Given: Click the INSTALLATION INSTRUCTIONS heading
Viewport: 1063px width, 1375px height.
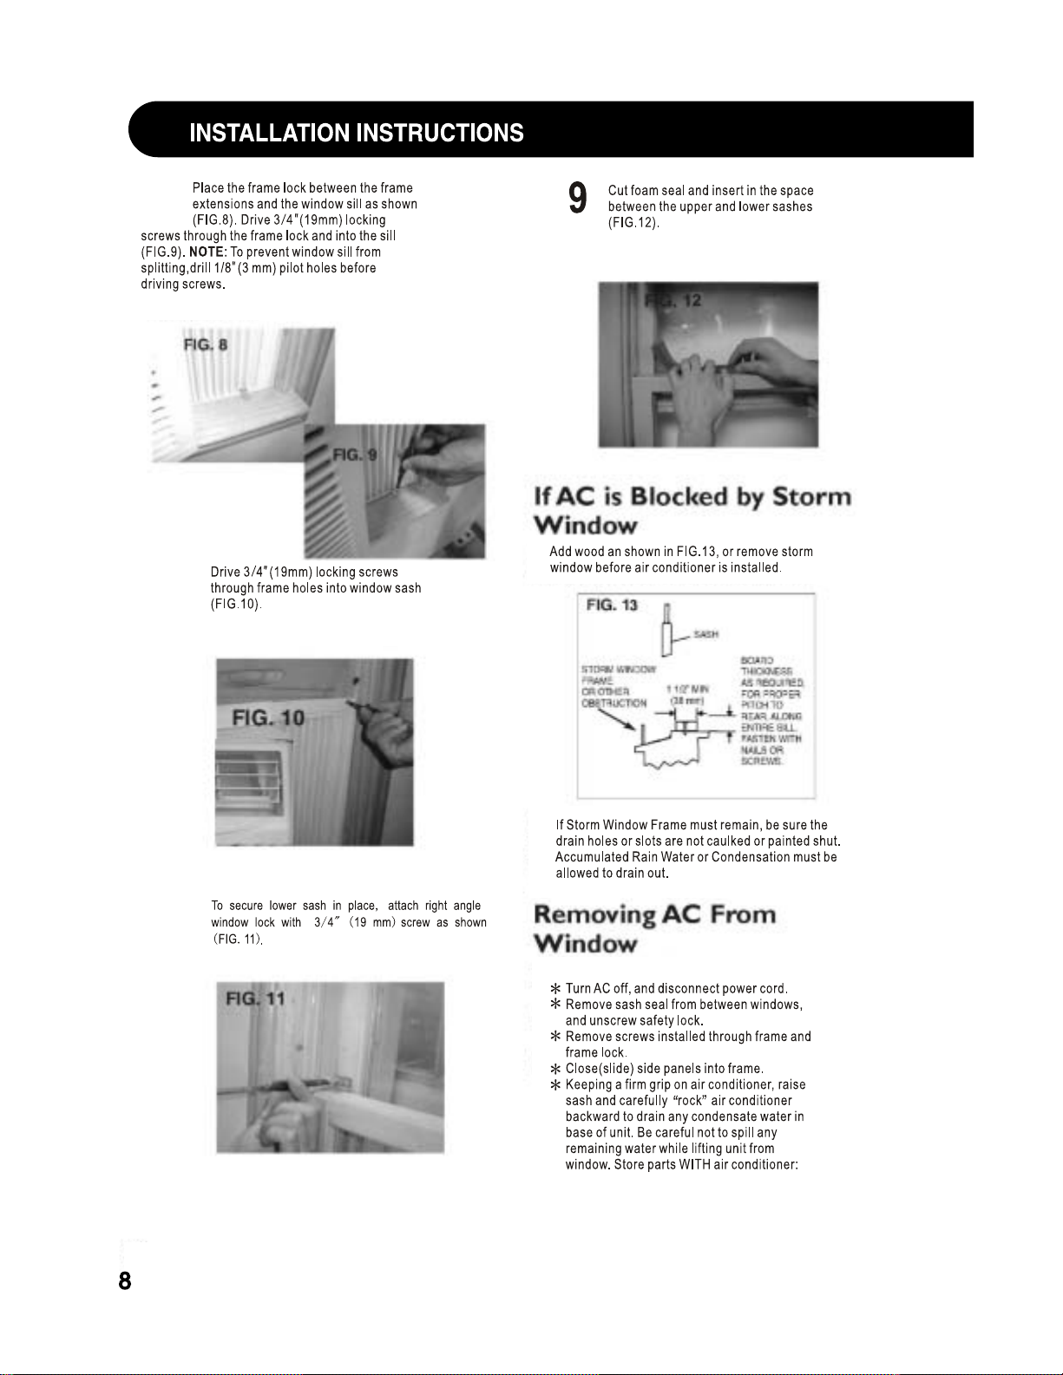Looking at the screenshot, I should [x=357, y=133].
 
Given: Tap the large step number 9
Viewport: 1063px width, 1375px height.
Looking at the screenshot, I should [x=578, y=199].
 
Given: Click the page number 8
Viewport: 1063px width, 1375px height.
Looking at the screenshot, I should [x=125, y=1280].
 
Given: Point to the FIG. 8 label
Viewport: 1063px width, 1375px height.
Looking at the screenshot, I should [x=206, y=345].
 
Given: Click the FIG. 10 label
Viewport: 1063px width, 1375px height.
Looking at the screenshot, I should [x=268, y=717].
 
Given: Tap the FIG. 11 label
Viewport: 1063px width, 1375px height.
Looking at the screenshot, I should [x=255, y=999].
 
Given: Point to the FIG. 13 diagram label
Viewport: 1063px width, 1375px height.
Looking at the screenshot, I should [x=612, y=606].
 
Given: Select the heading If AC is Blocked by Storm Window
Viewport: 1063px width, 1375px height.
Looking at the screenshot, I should [x=692, y=510].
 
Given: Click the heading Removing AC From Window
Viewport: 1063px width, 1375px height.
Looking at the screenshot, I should [x=654, y=928].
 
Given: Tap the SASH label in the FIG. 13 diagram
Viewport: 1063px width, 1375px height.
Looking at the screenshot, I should [x=705, y=634].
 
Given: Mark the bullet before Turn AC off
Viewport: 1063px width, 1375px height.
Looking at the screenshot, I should [x=555, y=989].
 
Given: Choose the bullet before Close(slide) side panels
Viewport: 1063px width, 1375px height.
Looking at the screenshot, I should [x=555, y=1069].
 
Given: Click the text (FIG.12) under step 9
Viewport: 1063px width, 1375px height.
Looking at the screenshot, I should [x=633, y=223].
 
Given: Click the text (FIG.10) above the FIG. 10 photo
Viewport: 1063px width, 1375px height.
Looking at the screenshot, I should [x=235, y=604].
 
